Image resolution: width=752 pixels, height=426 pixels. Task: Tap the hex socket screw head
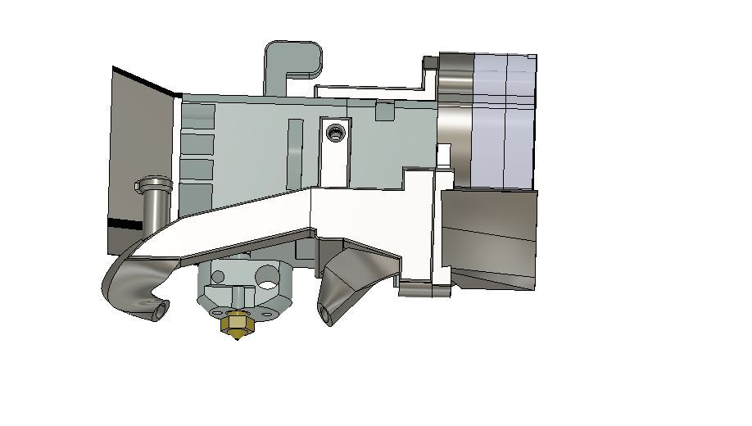(333, 132)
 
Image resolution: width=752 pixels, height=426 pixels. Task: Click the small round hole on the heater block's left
(218, 276)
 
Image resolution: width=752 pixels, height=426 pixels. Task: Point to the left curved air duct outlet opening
(160, 310)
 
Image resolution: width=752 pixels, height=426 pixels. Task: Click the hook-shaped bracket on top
(292, 61)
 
